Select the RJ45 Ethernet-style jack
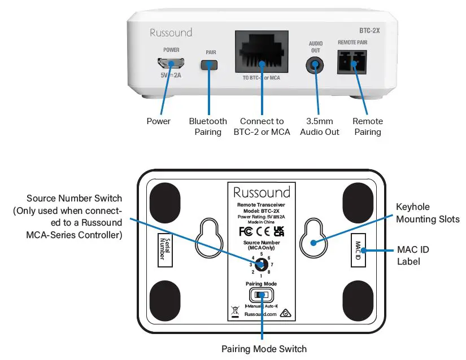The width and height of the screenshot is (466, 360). coord(261,55)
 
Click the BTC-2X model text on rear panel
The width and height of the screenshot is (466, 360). coord(369,32)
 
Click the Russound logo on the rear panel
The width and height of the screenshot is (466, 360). coord(171,33)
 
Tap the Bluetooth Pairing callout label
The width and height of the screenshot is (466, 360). coord(208,126)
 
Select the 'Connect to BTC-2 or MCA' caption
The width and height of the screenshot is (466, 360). coord(262,126)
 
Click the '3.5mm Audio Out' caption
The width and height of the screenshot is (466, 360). coord(320,126)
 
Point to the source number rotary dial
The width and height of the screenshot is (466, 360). coord(261,264)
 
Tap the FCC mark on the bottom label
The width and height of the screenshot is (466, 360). coord(246,231)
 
